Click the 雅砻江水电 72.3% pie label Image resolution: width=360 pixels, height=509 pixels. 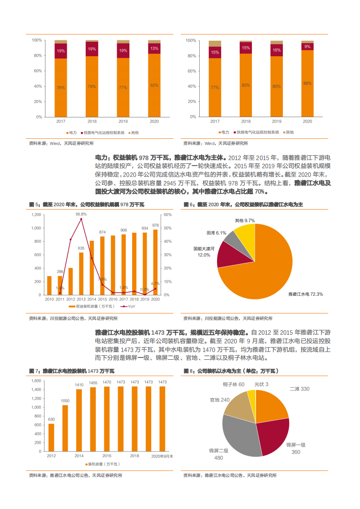coord(306,294)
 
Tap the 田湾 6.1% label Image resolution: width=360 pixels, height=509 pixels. coord(216,233)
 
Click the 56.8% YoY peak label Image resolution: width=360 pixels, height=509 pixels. coord(81,214)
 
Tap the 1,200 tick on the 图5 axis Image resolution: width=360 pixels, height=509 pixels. coord(36,215)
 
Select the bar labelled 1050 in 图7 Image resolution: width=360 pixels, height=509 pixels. coord(65,424)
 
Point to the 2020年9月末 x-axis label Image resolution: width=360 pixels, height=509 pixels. coord(162,455)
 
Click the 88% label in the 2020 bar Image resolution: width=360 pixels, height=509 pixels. coord(307,83)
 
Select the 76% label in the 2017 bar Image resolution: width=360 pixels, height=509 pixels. coord(60,88)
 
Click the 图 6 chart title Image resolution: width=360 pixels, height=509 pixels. coord(243,205)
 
